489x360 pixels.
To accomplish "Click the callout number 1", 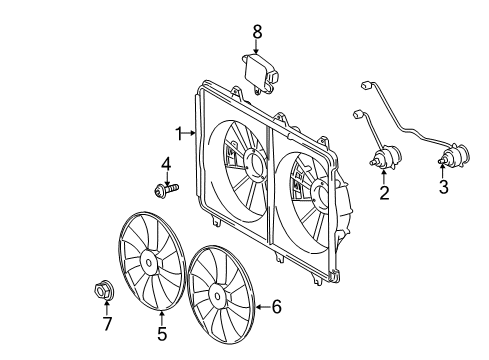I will tap(177, 132).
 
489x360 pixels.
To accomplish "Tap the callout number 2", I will tap(382, 194).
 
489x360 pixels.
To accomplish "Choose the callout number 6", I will tap(277, 307).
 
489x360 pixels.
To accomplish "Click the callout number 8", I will tap(257, 33).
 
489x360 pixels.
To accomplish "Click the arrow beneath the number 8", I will tap(257, 48).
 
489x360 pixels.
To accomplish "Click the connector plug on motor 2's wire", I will tap(359, 116).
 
